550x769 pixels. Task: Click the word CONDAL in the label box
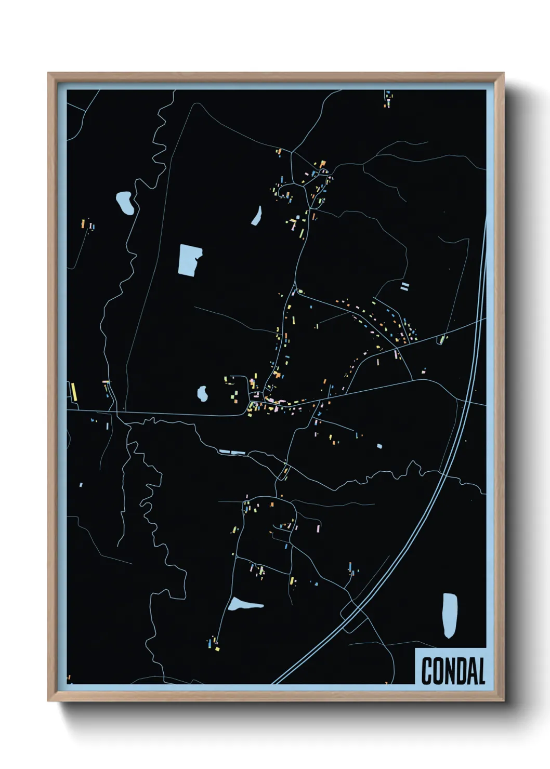click(x=453, y=671)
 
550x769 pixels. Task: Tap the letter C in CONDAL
click(x=427, y=671)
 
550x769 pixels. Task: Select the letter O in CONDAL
click(x=439, y=671)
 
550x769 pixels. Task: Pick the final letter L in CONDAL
click(x=481, y=671)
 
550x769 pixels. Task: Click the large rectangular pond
click(x=189, y=259)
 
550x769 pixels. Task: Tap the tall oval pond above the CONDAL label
click(x=450, y=615)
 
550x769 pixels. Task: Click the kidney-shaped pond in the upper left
click(x=124, y=203)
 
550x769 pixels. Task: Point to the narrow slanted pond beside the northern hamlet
click(x=257, y=216)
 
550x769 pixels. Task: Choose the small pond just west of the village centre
click(x=202, y=394)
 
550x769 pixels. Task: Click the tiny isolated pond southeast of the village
click(x=379, y=446)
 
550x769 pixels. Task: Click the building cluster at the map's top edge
click(x=388, y=99)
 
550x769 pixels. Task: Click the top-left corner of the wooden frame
click(x=48, y=74)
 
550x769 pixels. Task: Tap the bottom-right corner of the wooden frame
click(x=503, y=700)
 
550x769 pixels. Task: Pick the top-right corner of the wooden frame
click(x=503, y=74)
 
